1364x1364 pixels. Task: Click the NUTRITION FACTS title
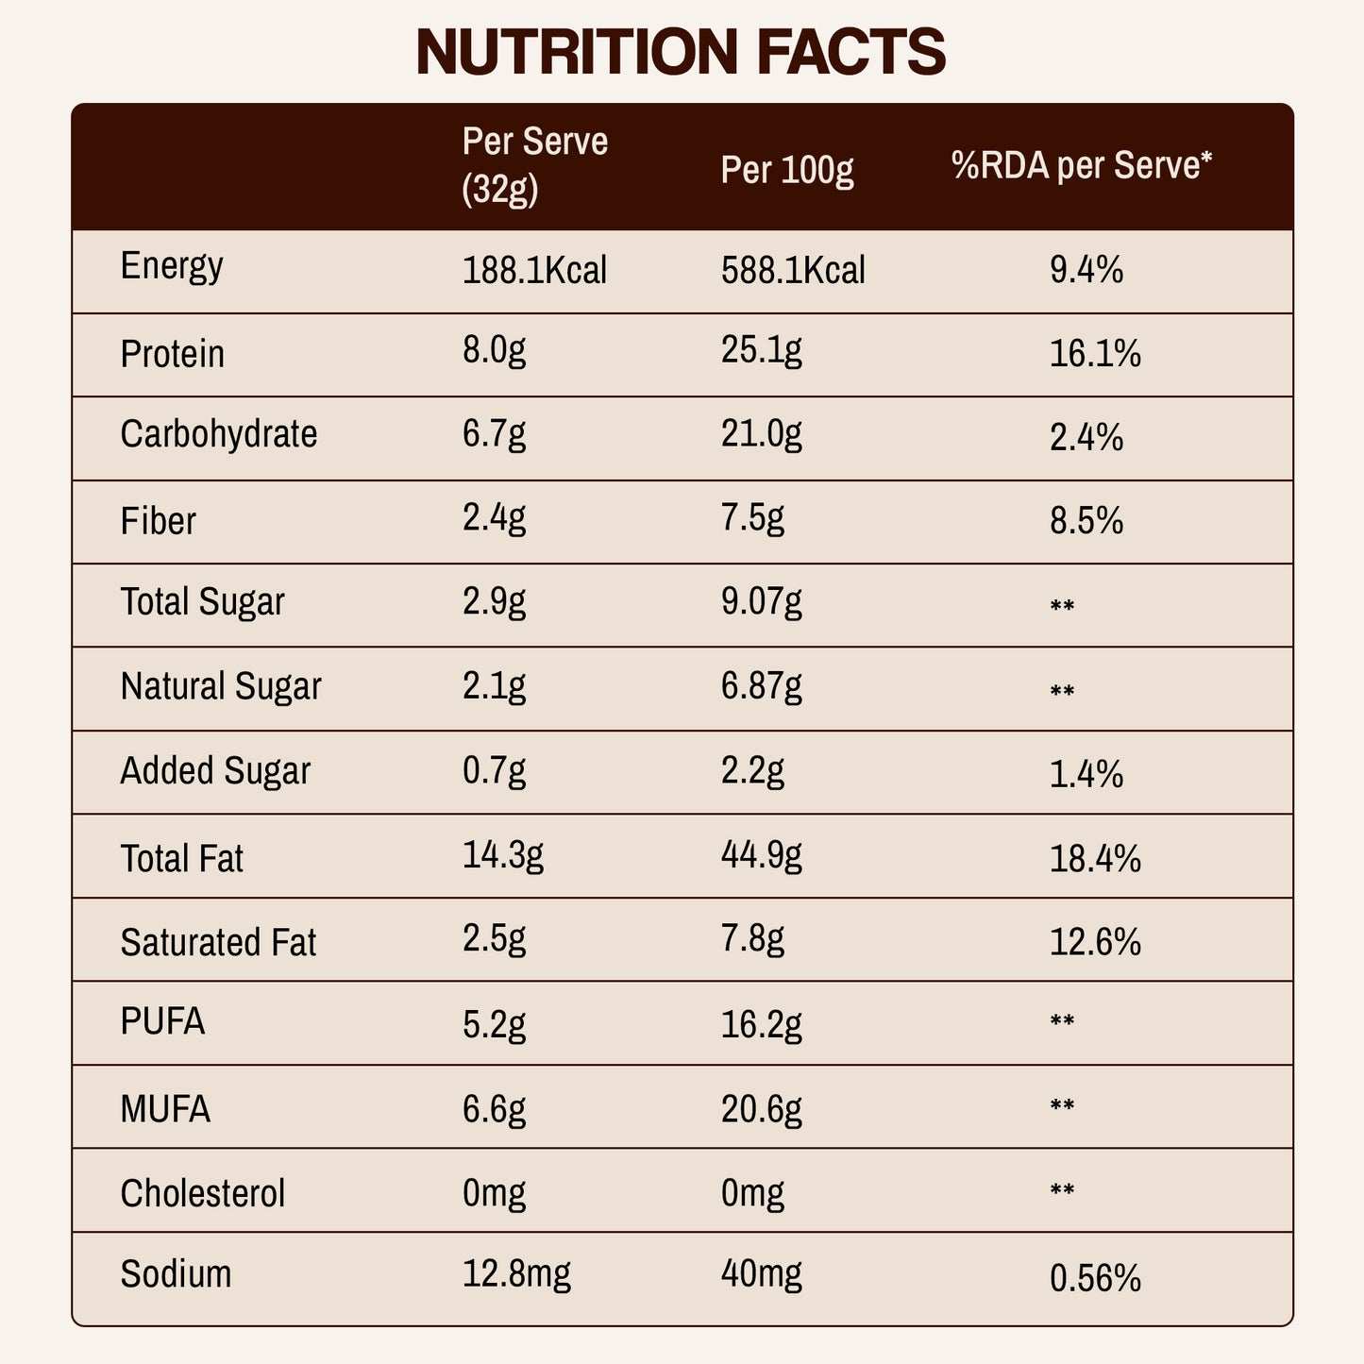[x=681, y=52]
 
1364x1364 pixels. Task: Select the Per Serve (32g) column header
[x=534, y=165]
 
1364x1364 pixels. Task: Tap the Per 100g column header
[x=786, y=170]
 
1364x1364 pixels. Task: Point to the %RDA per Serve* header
[x=1081, y=166]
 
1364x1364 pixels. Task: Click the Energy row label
[x=172, y=267]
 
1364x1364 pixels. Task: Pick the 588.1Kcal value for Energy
[x=793, y=271]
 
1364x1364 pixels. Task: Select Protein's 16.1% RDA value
[x=1095, y=354]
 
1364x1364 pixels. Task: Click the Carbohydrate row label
[x=219, y=435]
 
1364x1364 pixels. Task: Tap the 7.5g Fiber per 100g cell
[x=752, y=519]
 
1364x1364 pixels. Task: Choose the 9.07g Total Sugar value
[x=761, y=602]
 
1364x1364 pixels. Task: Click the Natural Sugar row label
[x=221, y=687]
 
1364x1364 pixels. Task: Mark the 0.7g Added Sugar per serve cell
[x=494, y=771]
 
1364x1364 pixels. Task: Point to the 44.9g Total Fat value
[x=761, y=855]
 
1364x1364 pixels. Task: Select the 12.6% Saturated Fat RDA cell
[x=1095, y=941]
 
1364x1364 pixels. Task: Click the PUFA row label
[x=162, y=1022]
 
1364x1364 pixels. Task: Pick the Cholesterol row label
[x=202, y=1193]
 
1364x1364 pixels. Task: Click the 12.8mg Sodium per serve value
[x=516, y=1275]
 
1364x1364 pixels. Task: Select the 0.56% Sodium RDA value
[x=1095, y=1279]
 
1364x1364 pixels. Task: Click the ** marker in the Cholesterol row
[x=1062, y=1190]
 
